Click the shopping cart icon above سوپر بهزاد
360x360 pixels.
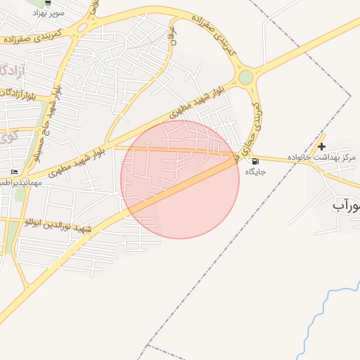47,3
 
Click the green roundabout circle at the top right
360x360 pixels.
245,77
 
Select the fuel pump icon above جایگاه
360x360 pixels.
255,162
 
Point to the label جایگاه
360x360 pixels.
255,171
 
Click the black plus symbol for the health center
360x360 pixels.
321,146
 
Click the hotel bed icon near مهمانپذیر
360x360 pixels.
15,172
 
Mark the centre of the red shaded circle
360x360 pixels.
180,179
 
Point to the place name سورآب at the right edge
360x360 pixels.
346,205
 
